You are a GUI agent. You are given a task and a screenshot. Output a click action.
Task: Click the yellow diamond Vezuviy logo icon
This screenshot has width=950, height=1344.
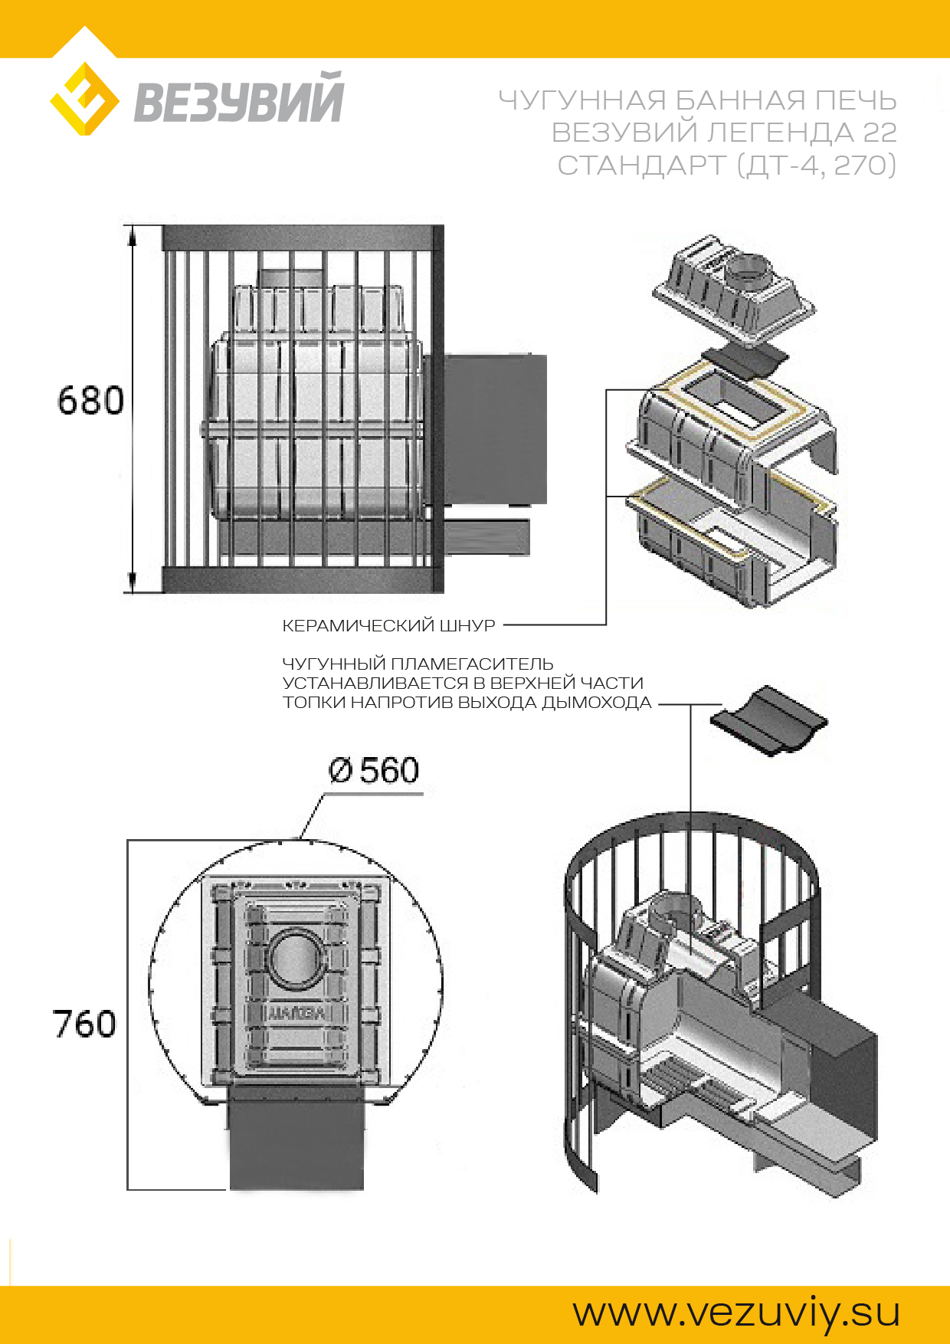pos(84,99)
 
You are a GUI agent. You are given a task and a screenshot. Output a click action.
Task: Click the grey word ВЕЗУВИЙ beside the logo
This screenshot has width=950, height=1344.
pos(239,98)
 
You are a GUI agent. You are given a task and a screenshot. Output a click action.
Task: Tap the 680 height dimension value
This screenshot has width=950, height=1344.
pos(90,401)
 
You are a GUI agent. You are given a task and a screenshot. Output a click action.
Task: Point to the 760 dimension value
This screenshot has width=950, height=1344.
pos(84,1024)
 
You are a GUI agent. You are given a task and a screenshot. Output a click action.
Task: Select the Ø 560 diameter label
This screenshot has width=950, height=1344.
pos(374,770)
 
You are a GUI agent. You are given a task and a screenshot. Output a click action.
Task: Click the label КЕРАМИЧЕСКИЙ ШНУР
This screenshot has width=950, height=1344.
pos(389,626)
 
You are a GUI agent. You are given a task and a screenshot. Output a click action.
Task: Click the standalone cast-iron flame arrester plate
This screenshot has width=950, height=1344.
pos(768,720)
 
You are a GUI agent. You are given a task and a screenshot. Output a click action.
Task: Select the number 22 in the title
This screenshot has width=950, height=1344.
pos(880,133)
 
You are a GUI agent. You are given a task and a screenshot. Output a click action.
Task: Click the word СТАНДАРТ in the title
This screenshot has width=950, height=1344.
pos(642,165)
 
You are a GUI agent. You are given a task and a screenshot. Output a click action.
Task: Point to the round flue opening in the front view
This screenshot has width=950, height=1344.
pos(296,958)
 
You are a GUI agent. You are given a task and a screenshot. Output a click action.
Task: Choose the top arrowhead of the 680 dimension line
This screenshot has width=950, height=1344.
pos(133,235)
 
